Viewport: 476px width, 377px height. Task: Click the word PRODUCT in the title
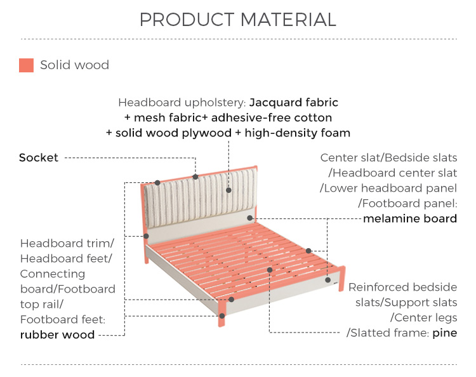tap(187, 20)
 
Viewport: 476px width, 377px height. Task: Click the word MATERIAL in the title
tap(288, 20)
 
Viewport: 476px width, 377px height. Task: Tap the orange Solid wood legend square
tap(26, 65)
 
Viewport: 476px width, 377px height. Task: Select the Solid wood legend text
tap(75, 65)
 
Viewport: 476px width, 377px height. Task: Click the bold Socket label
tap(39, 157)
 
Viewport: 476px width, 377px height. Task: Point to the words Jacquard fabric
tap(294, 103)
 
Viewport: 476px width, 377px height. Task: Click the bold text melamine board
tap(410, 218)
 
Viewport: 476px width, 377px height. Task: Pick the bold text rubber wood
tap(57, 334)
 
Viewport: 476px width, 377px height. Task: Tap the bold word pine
tap(445, 333)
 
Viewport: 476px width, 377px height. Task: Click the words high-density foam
tap(298, 133)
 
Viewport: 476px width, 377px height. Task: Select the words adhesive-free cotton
tap(272, 118)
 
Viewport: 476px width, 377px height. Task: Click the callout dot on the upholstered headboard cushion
tap(228, 190)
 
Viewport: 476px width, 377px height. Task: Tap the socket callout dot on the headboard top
tap(195, 176)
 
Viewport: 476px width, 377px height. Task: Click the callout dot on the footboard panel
tap(328, 280)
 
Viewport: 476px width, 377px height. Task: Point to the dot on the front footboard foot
tap(222, 316)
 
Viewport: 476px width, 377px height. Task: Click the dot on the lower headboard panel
tap(249, 218)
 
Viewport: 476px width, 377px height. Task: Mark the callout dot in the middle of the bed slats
tap(270, 270)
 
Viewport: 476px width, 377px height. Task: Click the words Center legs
tap(423, 318)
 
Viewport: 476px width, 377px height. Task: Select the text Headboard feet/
tap(66, 258)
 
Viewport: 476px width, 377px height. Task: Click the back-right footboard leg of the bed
tap(342, 279)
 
